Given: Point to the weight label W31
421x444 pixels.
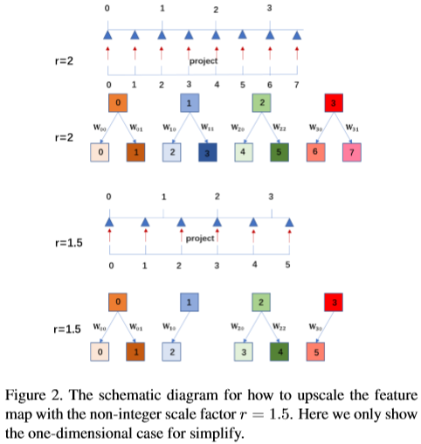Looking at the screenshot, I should [x=350, y=128].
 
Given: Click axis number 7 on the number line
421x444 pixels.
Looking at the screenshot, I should [x=297, y=85].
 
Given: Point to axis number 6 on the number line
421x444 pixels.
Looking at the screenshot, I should [x=270, y=85].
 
